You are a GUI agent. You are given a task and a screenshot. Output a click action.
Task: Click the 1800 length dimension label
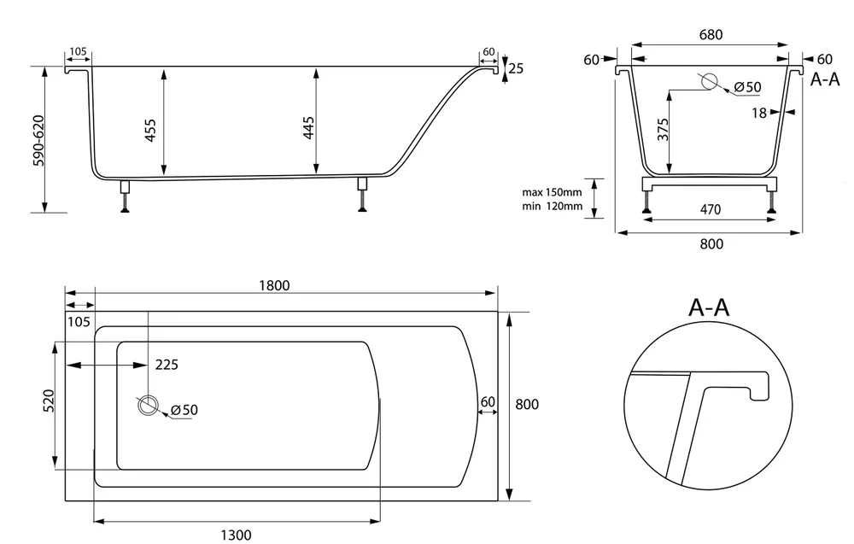coord(274,285)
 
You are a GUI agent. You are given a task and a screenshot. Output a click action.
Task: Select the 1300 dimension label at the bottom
coord(236,535)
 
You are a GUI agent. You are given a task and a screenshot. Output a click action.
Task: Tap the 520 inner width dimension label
coord(48,401)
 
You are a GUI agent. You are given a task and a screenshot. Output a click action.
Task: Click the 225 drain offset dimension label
coord(167,365)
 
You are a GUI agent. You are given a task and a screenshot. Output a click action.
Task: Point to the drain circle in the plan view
coord(147,406)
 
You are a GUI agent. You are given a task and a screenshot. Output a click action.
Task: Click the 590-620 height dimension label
coord(39,141)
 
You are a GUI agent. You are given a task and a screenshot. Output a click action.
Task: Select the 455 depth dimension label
coord(150,131)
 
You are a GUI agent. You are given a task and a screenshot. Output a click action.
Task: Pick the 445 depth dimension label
coord(308,127)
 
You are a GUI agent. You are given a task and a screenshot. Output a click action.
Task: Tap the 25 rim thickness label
coord(517,68)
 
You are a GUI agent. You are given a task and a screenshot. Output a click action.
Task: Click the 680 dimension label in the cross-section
coord(711,35)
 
